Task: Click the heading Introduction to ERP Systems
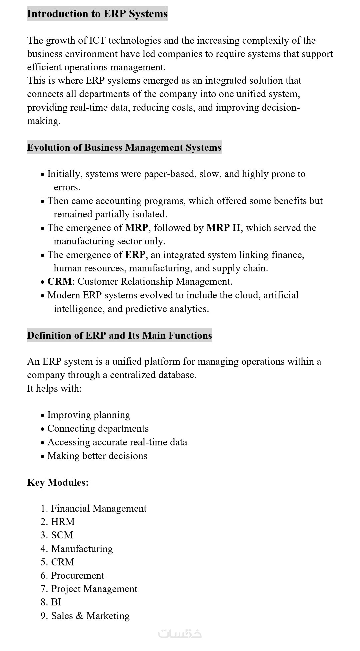tap(97, 14)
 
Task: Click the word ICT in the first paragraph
tap(97, 41)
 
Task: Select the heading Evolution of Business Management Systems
tap(124, 147)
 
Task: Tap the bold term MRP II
tap(223, 228)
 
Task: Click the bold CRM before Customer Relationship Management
tap(59, 281)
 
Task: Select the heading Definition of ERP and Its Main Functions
tap(119, 335)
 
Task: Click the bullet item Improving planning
tap(88, 415)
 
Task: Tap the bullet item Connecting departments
tap(98, 428)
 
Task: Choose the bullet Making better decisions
tap(97, 456)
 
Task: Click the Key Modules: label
tap(58, 482)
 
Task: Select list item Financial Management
tap(98, 508)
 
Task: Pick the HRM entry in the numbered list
tap(63, 522)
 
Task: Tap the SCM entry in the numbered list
tap(62, 535)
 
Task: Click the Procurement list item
tap(77, 575)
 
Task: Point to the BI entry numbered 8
tap(56, 602)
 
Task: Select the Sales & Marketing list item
tap(90, 616)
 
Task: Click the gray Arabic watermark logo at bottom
tap(180, 633)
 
